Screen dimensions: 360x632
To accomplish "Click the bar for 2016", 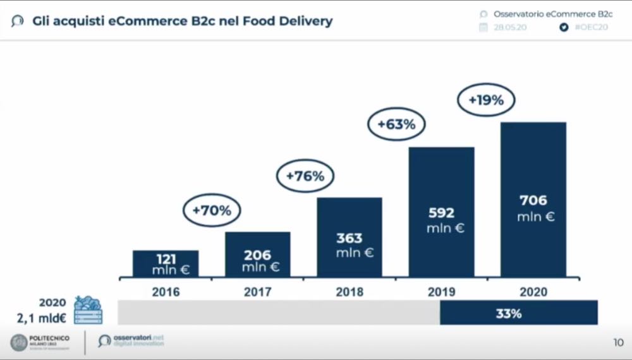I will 166,263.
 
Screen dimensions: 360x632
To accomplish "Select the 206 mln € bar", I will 258,255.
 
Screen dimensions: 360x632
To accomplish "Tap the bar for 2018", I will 349,237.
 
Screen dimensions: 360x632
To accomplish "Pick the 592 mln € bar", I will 441,212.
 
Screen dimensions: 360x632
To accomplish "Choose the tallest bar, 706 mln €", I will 533,200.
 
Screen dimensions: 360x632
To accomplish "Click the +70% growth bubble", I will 211,211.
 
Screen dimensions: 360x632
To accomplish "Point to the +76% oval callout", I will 305,177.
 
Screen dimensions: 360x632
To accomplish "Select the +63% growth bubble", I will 396,125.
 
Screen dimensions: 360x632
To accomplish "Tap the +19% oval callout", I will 486,100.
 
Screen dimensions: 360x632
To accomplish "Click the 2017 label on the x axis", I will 258,292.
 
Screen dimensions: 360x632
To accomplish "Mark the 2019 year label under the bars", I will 441,292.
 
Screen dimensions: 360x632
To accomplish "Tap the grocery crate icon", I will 88,310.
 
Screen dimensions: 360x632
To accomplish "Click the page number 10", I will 617,343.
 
